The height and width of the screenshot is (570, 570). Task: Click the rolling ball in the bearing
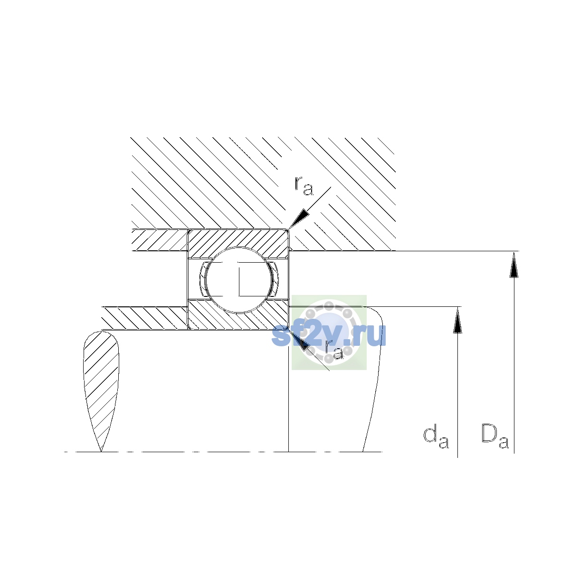tap(238, 280)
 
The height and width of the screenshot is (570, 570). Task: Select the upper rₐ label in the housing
tap(304, 186)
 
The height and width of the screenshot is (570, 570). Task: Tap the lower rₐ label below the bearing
tap(334, 350)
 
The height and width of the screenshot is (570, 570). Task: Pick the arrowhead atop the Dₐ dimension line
tap(514, 264)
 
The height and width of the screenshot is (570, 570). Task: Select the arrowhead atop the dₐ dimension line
tap(457, 320)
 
